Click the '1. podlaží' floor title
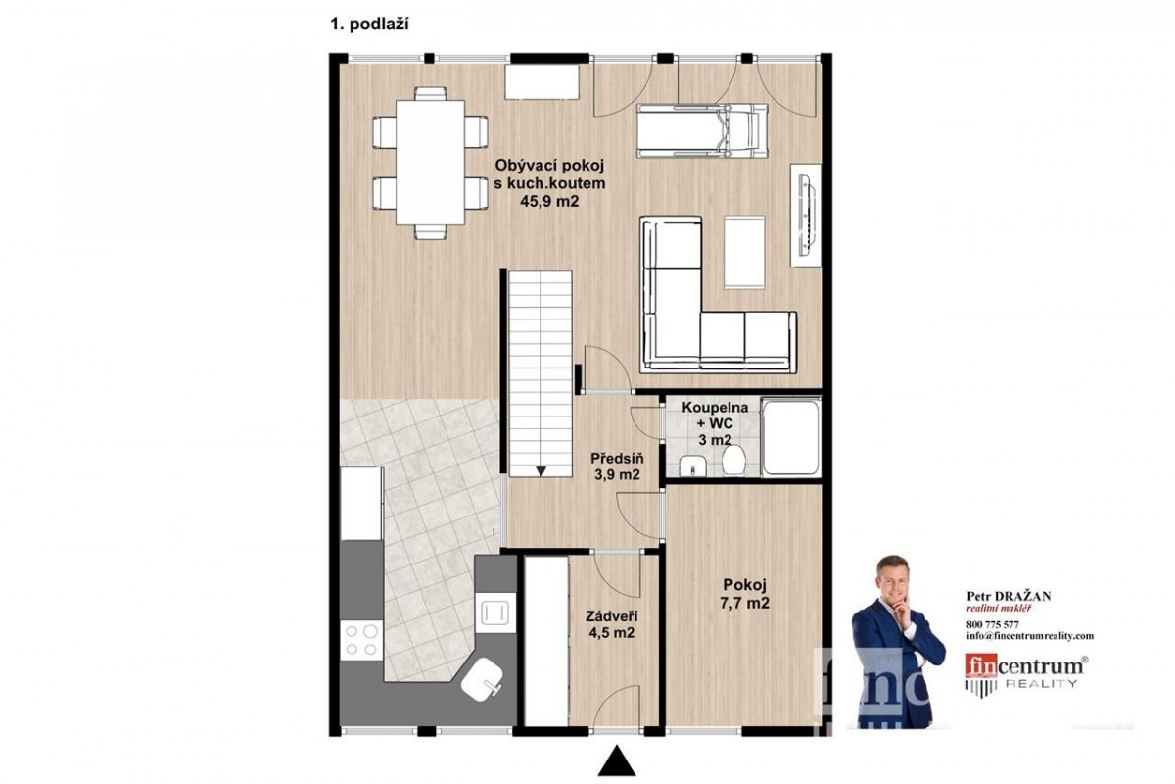click(x=369, y=24)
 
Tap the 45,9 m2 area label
click(x=549, y=201)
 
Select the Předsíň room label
click(x=617, y=458)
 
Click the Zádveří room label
click(x=612, y=616)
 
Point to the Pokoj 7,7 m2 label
click(x=745, y=593)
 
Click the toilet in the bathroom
click(x=733, y=460)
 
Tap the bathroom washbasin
click(x=692, y=466)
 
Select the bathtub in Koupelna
click(x=791, y=438)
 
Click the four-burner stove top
click(x=361, y=640)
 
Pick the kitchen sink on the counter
click(x=495, y=612)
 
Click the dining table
click(x=430, y=163)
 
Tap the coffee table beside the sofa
click(x=744, y=252)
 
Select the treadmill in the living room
click(x=702, y=130)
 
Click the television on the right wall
click(x=806, y=216)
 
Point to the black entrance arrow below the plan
click(x=617, y=759)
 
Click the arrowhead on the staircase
click(x=541, y=471)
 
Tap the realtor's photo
click(x=898, y=642)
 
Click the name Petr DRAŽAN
click(x=1009, y=596)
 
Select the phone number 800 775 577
click(x=993, y=625)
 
